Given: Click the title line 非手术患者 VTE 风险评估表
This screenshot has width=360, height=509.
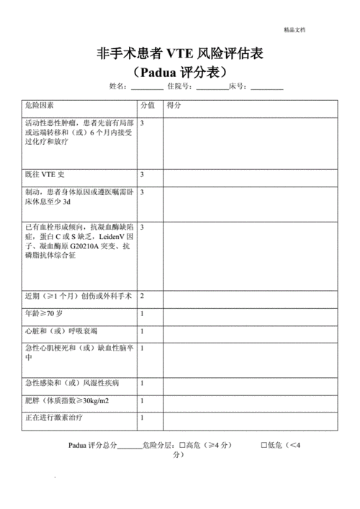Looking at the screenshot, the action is (x=180, y=54).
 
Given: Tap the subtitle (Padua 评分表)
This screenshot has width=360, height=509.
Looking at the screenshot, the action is (x=180, y=72).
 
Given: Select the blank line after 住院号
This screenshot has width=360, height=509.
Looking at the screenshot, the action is (x=212, y=87).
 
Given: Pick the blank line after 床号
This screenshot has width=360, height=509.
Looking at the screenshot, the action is (x=267, y=87).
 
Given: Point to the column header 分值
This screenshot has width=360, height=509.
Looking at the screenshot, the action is (x=147, y=105).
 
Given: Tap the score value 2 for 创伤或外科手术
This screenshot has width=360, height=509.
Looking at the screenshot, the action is (x=142, y=296).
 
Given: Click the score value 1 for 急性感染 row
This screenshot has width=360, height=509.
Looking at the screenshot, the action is (x=142, y=383).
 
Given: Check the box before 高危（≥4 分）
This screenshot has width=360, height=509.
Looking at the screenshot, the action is (x=183, y=445).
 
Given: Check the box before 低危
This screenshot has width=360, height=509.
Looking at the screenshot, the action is (x=264, y=445).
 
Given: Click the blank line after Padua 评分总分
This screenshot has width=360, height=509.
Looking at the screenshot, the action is (x=130, y=446).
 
